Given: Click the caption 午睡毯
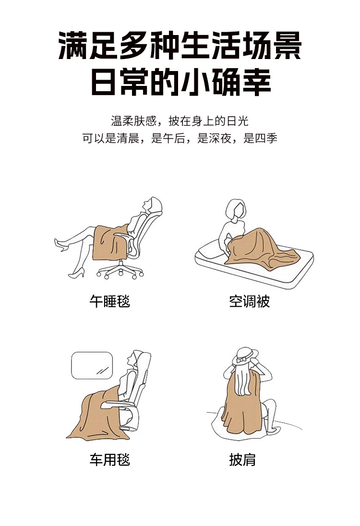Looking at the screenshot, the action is pyautogui.click(x=110, y=301).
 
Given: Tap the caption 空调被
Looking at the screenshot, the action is pyautogui.click(x=249, y=301).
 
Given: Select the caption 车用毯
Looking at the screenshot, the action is pyautogui.click(x=110, y=459).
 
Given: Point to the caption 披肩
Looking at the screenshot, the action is pyautogui.click(x=242, y=459).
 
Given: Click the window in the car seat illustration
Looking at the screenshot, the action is pyautogui.click(x=92, y=365).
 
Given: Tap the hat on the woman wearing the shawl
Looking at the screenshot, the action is pyautogui.click(x=245, y=356).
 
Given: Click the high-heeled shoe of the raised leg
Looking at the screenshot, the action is pyautogui.click(x=61, y=245).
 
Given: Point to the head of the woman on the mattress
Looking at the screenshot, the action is pyautogui.click(x=236, y=209).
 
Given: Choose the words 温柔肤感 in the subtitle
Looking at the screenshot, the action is pyautogui.click(x=134, y=121).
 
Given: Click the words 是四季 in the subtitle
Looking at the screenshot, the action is pyautogui.click(x=260, y=138).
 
